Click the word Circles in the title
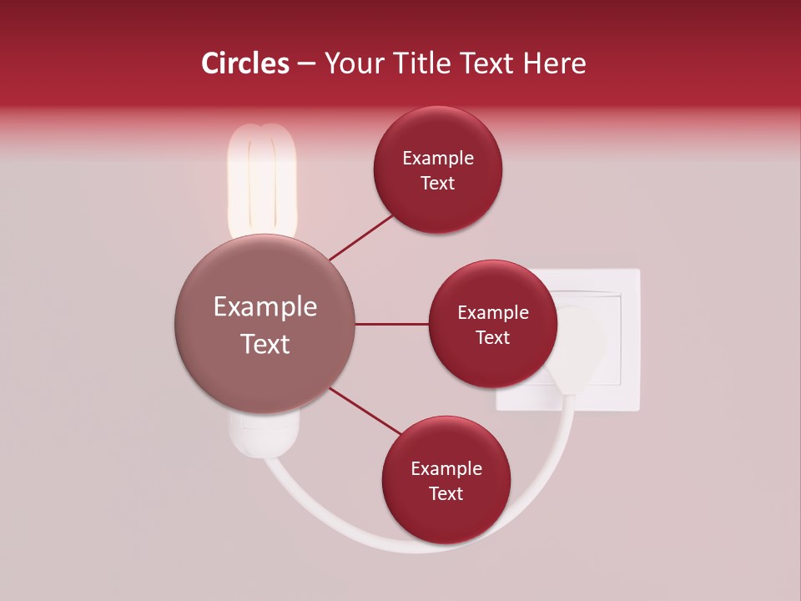point(244,63)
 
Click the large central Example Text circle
point(265,325)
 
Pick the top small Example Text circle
point(438,170)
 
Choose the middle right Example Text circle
point(493,324)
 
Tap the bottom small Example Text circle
point(446,480)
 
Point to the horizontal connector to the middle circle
point(391,324)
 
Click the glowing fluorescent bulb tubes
point(262,179)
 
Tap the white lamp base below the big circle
point(263,434)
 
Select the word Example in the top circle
point(438,159)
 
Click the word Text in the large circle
point(265,344)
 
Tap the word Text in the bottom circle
point(446,493)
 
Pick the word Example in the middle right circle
point(493,313)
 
